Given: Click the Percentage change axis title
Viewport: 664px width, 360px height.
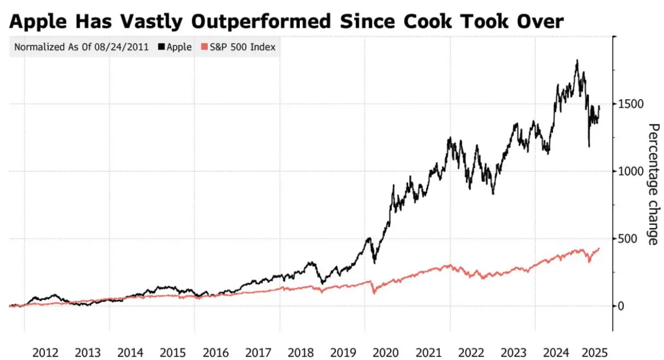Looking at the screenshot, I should point(653,184).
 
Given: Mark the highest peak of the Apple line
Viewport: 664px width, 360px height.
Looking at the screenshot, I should point(577,60).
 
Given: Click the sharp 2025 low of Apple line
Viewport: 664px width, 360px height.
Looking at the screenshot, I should point(588,146).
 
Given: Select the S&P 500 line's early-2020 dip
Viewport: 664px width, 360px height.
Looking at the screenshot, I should point(374,293).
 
